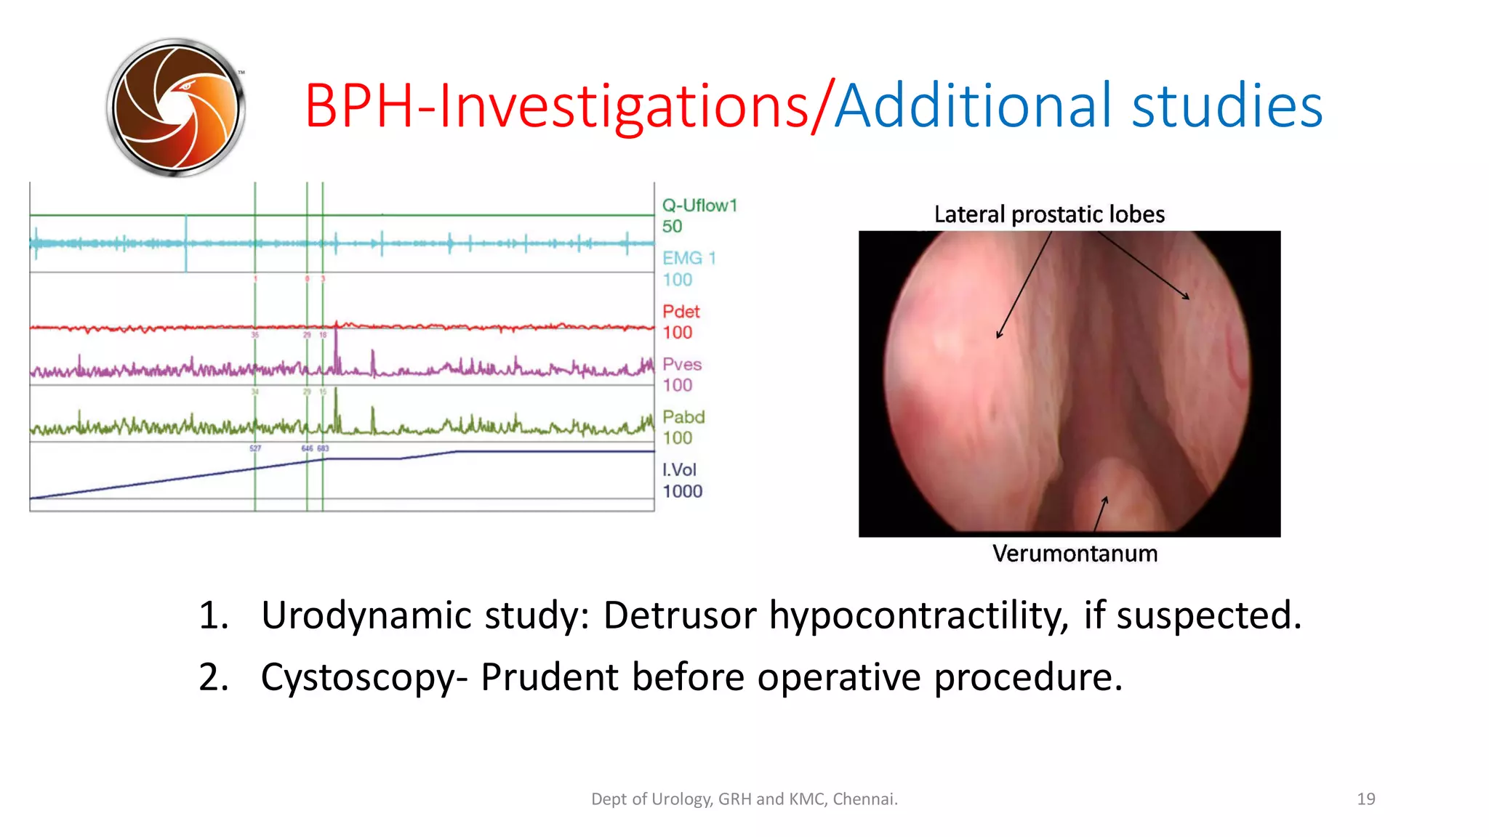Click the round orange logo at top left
(x=175, y=108)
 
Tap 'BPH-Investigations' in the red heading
(x=557, y=108)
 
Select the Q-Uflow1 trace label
(x=699, y=206)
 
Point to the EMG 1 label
(x=689, y=258)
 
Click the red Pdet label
(x=681, y=312)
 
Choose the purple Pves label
(x=681, y=364)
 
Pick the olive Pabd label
(x=683, y=417)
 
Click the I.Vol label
(x=678, y=470)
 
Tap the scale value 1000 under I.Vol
(x=682, y=492)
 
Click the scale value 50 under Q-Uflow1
(x=672, y=227)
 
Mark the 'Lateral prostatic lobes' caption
(x=1048, y=214)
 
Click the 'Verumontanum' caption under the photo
(x=1075, y=554)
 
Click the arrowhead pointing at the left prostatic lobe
(x=1000, y=335)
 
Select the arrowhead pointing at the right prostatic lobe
(x=1186, y=296)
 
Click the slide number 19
(x=1365, y=799)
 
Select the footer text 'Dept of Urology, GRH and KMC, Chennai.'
(x=744, y=799)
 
